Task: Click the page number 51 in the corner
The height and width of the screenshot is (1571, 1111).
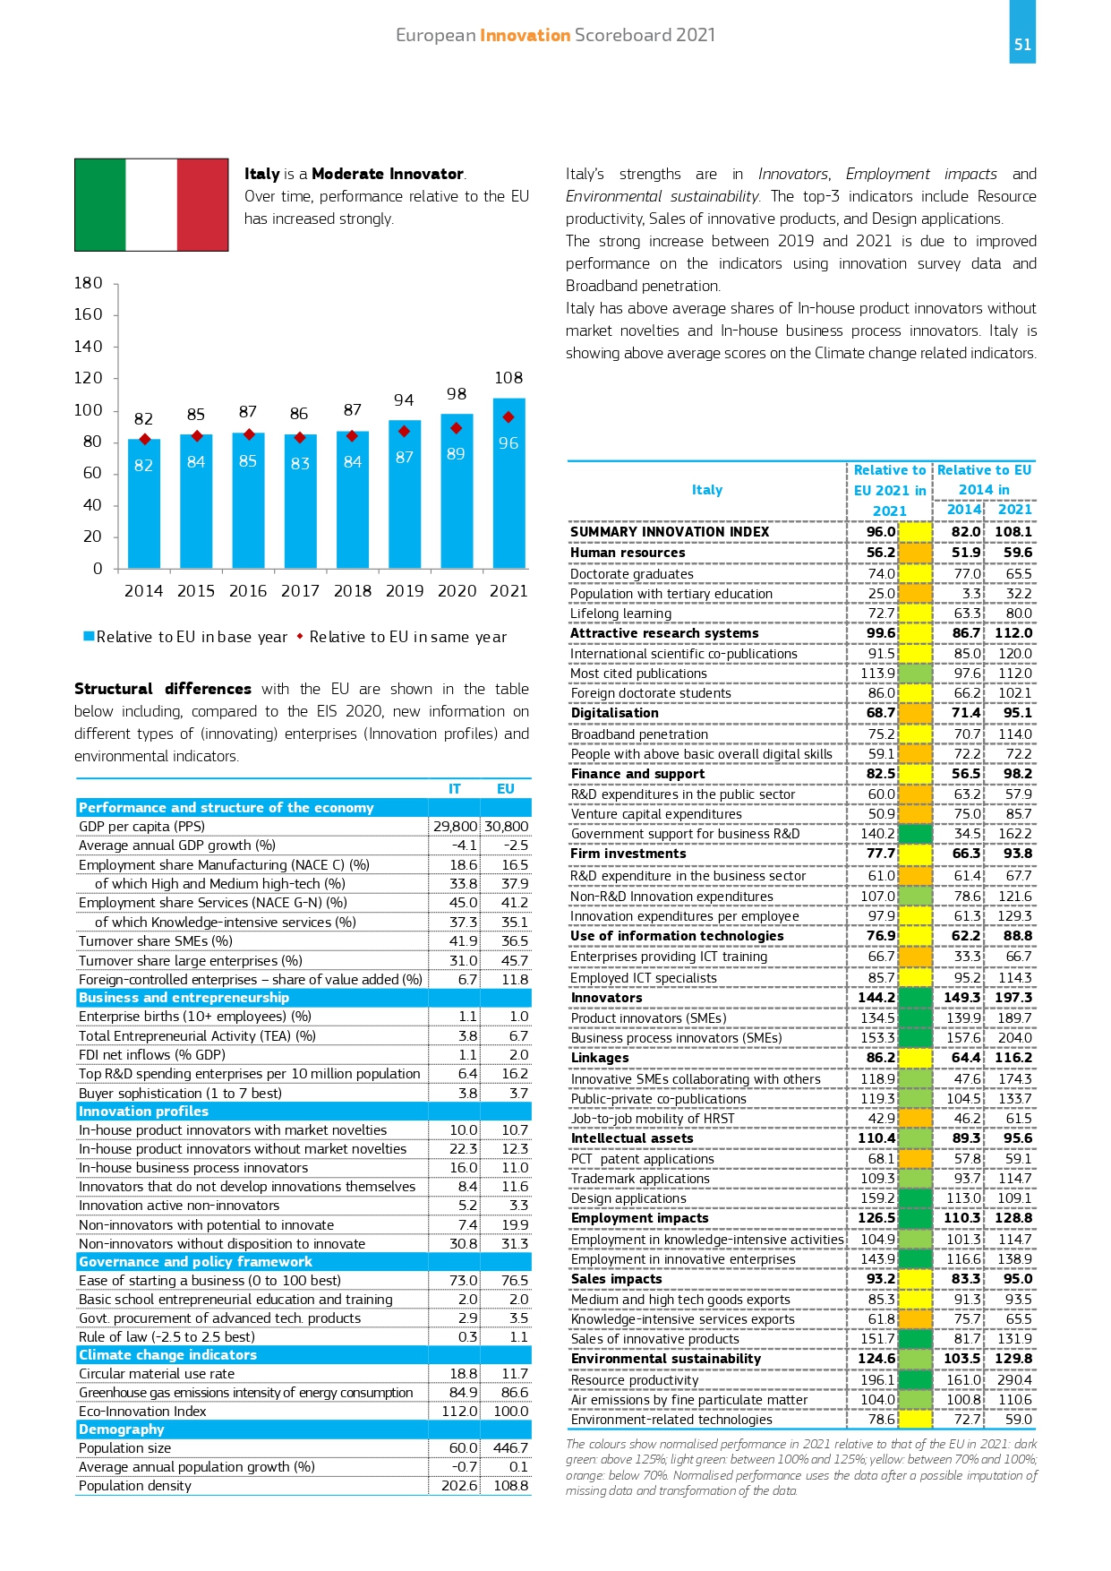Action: pos(1022,45)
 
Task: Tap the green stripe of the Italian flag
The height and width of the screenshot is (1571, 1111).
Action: pos(100,204)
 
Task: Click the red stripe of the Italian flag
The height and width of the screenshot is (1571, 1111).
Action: pos(202,204)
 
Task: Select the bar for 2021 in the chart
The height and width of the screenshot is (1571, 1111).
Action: pos(508,483)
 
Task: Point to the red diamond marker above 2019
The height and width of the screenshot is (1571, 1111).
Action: pos(405,431)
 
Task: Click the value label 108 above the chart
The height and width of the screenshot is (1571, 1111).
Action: pos(508,378)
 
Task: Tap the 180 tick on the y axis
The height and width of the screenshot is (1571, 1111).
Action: pos(88,283)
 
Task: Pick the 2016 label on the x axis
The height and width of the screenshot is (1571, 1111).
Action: pos(248,591)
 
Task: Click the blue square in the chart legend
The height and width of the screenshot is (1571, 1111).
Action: pos(89,636)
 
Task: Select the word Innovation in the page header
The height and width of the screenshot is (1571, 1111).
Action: pos(526,35)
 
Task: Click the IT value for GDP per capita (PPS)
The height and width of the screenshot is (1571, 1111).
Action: pos(456,827)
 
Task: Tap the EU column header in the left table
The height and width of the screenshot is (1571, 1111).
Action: pos(506,789)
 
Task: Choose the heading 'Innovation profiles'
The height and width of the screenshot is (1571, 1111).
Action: pos(143,1112)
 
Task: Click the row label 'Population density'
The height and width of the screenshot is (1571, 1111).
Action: pos(135,1486)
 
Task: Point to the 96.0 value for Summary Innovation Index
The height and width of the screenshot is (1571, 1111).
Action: pos(881,532)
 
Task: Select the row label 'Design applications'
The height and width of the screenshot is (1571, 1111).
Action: pos(628,1198)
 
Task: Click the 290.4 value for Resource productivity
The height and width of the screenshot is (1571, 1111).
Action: pos(1014,1380)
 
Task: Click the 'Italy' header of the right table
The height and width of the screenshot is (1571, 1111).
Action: pos(707,490)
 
